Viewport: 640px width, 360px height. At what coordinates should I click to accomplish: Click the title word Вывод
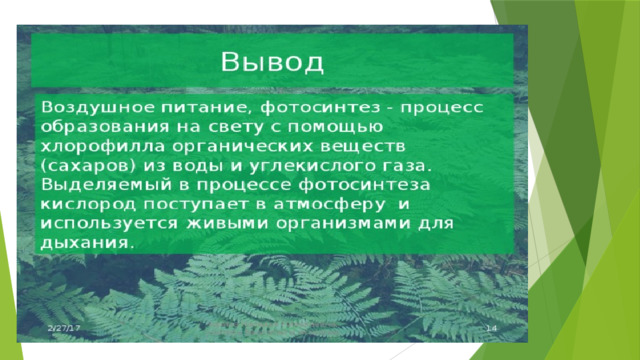272,62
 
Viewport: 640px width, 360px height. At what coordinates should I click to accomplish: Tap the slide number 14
490,329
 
